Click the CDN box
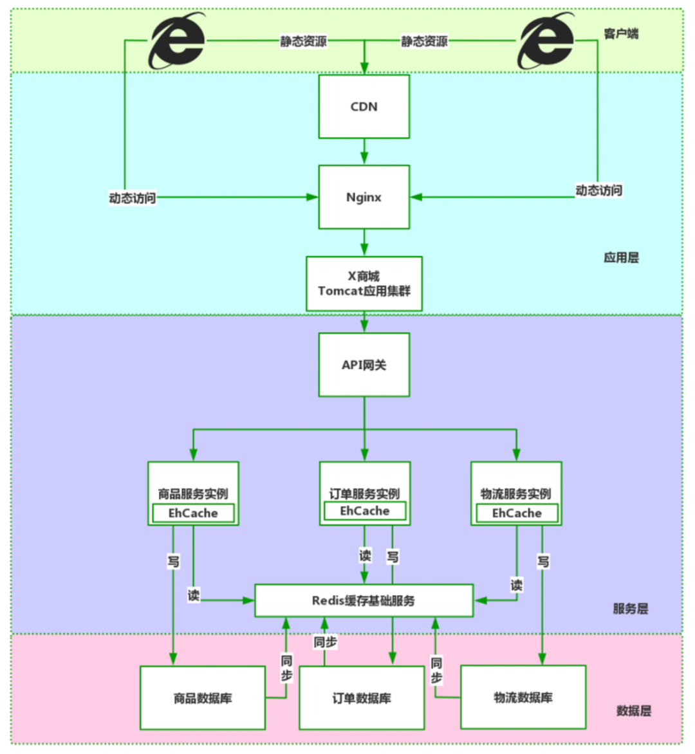364,107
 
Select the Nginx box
364,197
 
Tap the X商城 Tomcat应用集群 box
364,284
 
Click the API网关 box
364,365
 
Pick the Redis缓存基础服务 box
364,601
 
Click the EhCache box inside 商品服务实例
193,513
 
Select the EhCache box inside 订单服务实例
365,511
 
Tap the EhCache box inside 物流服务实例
517,513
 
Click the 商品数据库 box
203,698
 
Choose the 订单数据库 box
362,698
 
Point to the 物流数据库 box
523,697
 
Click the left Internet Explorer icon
177,41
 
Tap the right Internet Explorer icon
546,41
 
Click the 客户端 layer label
621,33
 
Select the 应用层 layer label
621,258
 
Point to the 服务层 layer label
630,609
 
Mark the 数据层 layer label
633,711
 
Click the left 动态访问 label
133,198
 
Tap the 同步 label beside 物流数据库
436,670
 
